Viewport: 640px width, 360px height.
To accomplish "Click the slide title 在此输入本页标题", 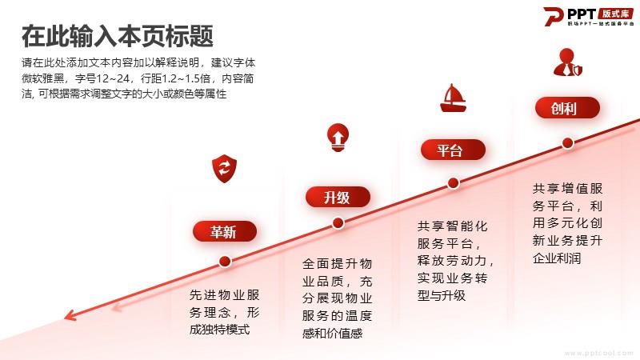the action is point(118,36).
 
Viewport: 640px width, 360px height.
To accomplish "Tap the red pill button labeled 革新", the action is point(225,231).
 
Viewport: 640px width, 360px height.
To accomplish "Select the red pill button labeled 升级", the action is point(338,197).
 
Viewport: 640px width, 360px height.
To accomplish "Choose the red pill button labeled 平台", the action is point(453,150).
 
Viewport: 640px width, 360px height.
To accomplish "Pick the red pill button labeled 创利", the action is point(567,108).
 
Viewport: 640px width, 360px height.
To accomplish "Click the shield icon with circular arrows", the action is point(224,168).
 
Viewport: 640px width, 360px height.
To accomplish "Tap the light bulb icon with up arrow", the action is point(338,138).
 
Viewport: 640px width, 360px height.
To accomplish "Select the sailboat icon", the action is point(453,98).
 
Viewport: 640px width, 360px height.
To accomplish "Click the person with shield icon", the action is point(567,62).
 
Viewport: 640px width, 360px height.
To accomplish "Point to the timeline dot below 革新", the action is point(225,262).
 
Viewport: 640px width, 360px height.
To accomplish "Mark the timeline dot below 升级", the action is point(338,223).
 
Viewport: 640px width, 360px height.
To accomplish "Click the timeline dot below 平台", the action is point(453,183).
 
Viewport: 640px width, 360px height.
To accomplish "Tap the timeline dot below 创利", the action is point(567,143).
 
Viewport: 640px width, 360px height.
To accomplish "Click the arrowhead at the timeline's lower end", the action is point(69,315).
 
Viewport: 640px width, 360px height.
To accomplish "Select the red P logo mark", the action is point(554,16).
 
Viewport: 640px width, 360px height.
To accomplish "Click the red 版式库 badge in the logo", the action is point(616,14).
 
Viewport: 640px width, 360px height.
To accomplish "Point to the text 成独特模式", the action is point(219,330).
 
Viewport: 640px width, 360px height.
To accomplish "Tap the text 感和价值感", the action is point(332,334).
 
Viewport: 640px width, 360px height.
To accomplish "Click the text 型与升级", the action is point(441,295).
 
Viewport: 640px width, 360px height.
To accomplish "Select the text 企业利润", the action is point(556,258).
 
